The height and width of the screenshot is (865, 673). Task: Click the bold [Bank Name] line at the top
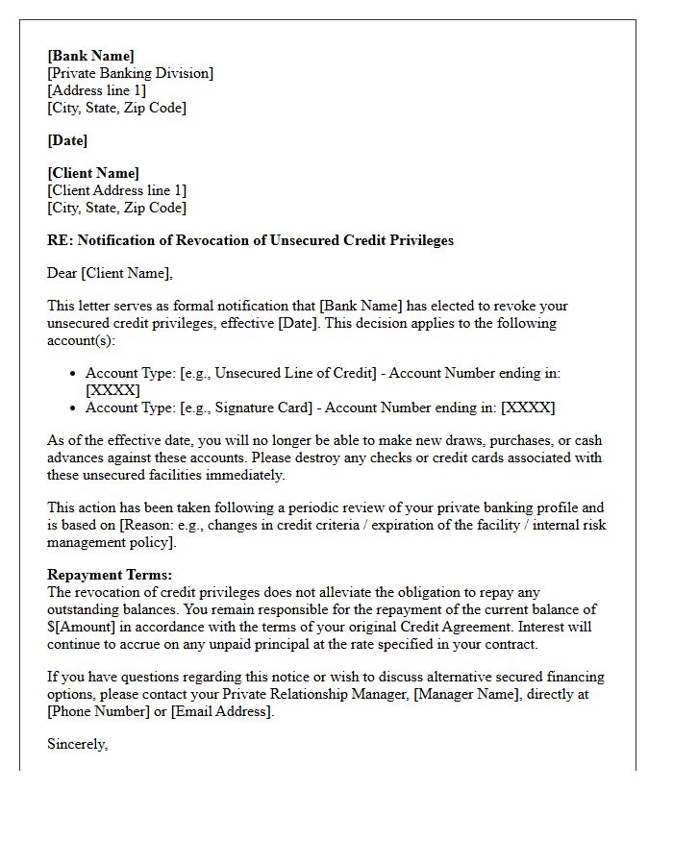coord(90,56)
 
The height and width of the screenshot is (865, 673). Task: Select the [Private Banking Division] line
coord(130,73)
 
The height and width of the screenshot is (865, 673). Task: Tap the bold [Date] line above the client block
coord(67,140)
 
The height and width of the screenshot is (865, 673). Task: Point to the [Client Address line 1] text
coord(116,190)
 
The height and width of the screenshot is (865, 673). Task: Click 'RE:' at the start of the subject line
coord(60,240)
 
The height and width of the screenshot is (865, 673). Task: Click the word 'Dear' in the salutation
coord(62,273)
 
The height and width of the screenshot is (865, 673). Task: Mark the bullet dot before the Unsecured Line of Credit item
coord(74,373)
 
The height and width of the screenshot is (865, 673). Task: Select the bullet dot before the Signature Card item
coord(74,408)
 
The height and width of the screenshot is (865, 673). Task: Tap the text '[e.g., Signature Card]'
coord(246,408)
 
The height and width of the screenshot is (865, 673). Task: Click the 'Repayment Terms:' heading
coord(110,575)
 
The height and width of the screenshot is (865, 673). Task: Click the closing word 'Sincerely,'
coord(77,744)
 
